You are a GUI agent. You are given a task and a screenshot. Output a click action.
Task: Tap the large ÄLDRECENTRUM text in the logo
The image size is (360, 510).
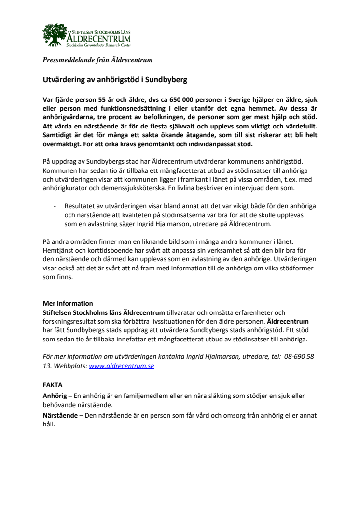point(98,38)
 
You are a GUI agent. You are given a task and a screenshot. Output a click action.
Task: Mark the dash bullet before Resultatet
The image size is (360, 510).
point(55,206)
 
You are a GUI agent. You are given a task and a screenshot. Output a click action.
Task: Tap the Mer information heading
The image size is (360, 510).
point(68,303)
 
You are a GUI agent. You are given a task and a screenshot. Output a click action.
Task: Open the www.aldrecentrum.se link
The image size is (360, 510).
point(121,366)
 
